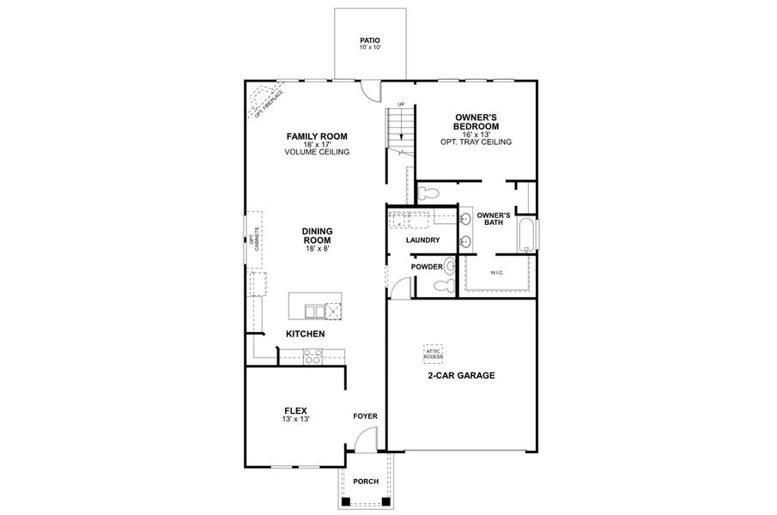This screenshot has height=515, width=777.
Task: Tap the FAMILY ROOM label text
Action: click(x=317, y=136)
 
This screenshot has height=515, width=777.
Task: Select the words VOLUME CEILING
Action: click(x=317, y=152)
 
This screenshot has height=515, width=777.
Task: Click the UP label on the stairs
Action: click(x=400, y=105)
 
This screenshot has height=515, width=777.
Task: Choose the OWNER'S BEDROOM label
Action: click(x=476, y=121)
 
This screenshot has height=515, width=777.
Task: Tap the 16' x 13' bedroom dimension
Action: click(x=476, y=135)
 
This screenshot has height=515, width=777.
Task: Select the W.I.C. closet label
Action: click(x=496, y=273)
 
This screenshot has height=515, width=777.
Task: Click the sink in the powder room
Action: click(x=451, y=267)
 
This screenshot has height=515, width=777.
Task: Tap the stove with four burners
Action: click(x=312, y=356)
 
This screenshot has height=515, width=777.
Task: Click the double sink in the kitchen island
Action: click(x=319, y=311)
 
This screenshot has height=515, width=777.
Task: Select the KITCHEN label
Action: click(x=305, y=333)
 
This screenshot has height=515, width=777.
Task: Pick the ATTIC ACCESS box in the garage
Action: click(x=433, y=352)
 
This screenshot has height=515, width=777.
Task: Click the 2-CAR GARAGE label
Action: click(x=461, y=376)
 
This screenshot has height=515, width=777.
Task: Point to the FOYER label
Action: click(x=365, y=416)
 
